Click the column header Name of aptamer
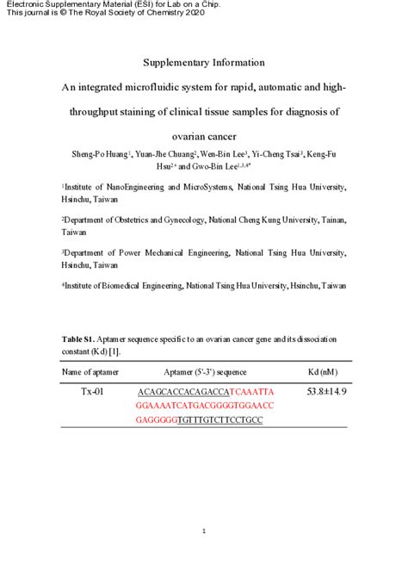pyautogui.click(x=90, y=372)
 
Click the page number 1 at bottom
pyautogui.click(x=204, y=531)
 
